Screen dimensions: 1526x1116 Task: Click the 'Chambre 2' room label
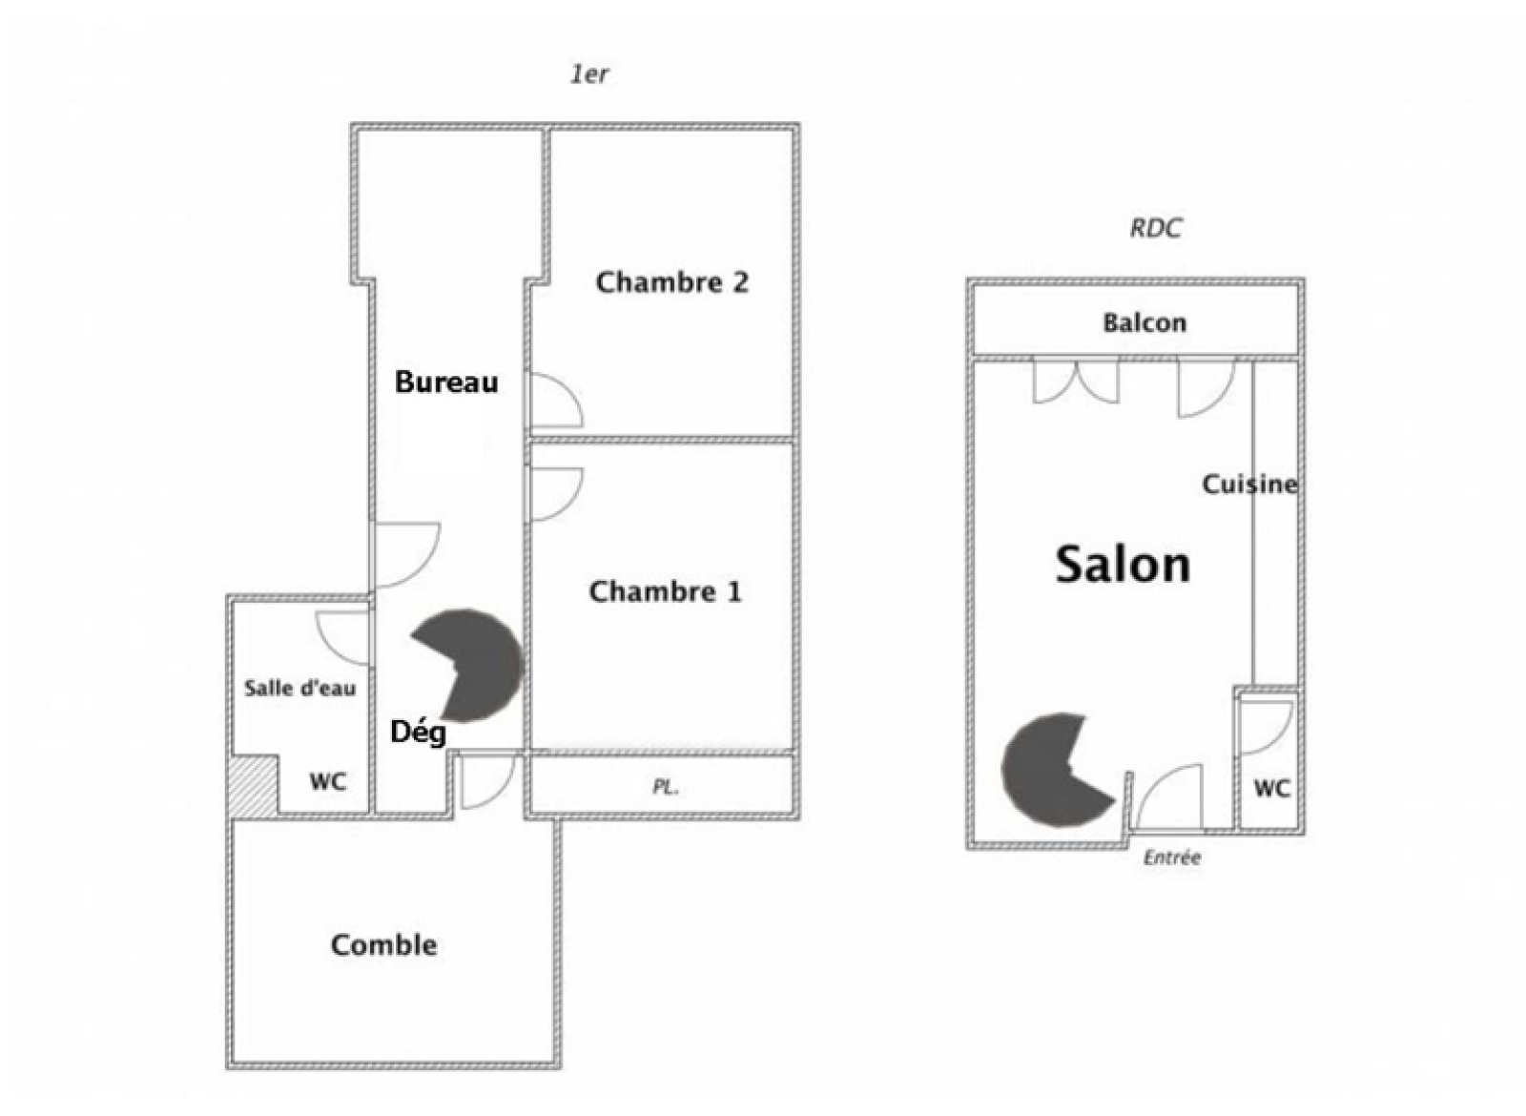(x=671, y=282)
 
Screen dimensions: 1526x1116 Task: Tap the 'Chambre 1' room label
(x=665, y=591)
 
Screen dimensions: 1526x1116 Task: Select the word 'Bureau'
(x=446, y=382)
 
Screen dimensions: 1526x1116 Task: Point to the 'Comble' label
(x=383, y=945)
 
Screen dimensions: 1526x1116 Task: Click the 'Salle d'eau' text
(x=299, y=688)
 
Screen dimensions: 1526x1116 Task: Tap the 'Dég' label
(x=419, y=734)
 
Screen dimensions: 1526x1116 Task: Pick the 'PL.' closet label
(x=665, y=788)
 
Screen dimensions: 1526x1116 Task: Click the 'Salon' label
(x=1123, y=565)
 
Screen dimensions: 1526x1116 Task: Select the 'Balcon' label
(x=1144, y=322)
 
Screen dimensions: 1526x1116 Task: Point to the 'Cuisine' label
(x=1249, y=485)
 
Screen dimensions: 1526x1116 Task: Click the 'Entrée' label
(x=1172, y=858)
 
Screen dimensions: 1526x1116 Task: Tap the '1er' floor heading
(x=589, y=74)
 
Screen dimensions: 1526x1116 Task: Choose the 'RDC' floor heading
(x=1155, y=228)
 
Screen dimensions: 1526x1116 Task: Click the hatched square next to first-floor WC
(x=255, y=784)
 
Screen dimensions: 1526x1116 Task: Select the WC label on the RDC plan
(x=1271, y=789)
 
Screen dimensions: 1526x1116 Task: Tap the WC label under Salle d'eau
(x=328, y=781)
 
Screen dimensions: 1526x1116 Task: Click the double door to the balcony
(x=1076, y=382)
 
